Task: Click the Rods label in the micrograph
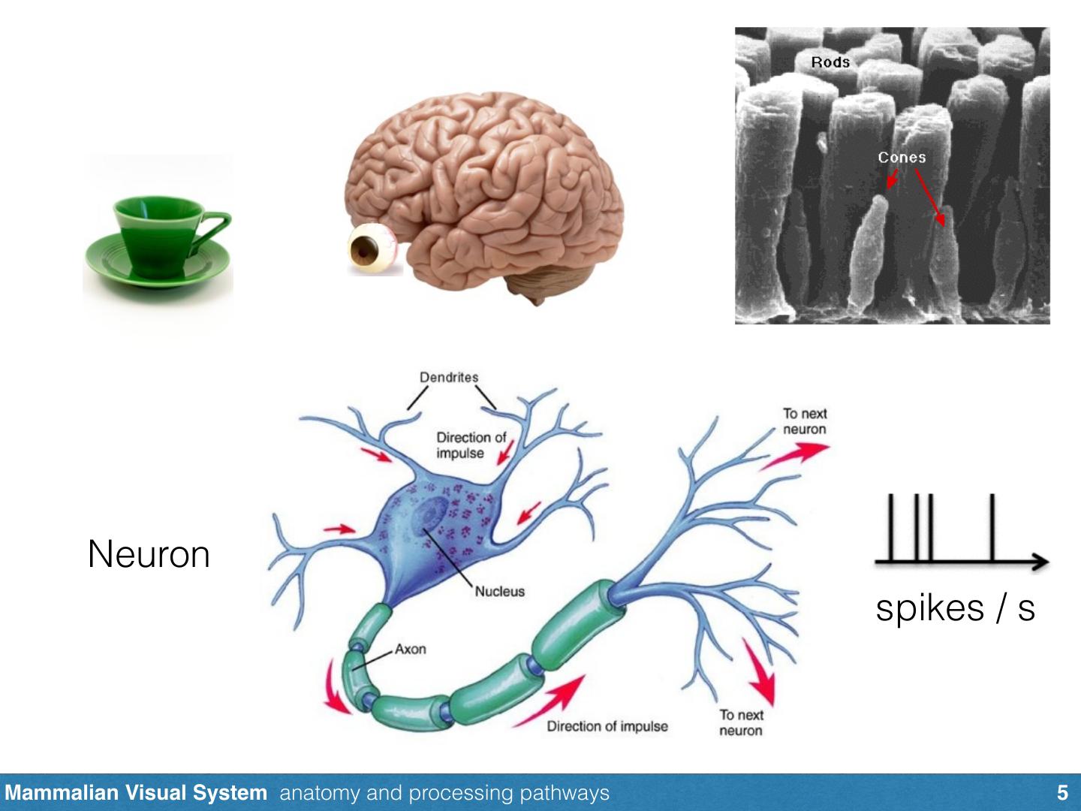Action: point(830,62)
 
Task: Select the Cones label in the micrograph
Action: point(902,157)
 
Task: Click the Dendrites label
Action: point(449,377)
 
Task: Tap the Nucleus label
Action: point(500,591)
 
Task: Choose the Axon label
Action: point(411,649)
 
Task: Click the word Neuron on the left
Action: point(149,555)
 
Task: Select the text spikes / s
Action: point(955,607)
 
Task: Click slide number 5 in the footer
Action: point(1061,793)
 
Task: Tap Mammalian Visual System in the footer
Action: point(136,793)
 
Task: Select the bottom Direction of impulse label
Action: point(607,726)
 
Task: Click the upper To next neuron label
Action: point(804,421)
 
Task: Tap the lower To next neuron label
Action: point(741,722)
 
